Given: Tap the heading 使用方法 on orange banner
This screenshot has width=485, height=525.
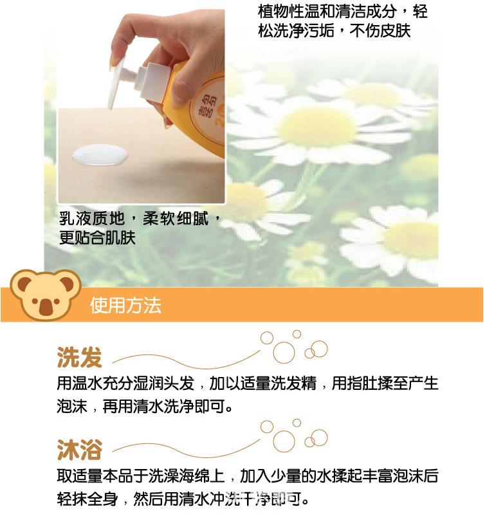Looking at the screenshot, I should point(126,304).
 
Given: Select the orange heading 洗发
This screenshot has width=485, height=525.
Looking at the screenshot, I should point(79,356).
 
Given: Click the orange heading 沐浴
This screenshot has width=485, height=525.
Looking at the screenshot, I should point(79,448).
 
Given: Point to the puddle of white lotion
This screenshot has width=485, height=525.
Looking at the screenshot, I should point(100,156).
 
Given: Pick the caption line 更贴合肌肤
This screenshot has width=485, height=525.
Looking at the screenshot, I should point(97,238).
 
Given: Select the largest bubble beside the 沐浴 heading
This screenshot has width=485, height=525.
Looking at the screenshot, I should point(284,440).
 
